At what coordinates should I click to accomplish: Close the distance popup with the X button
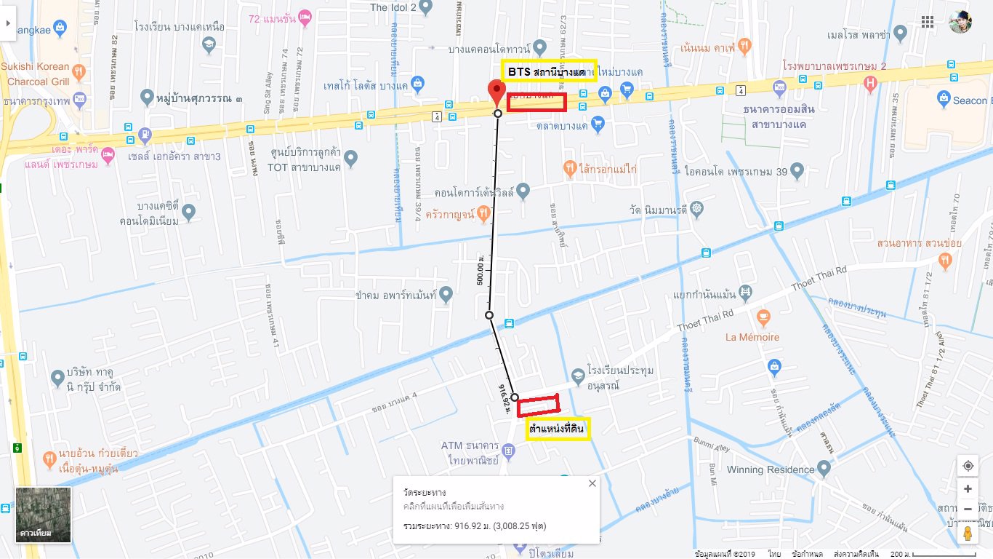click(x=592, y=483)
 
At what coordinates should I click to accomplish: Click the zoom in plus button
click(x=968, y=489)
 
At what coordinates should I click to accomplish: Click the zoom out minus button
click(x=968, y=509)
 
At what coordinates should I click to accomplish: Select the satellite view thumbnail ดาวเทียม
click(x=44, y=515)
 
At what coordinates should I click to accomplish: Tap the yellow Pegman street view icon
click(x=968, y=534)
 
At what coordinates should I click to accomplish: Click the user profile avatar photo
click(x=960, y=22)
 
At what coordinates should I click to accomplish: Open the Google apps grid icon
click(x=928, y=22)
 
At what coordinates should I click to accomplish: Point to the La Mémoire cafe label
click(x=752, y=337)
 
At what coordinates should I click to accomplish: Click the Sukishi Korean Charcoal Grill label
click(x=36, y=72)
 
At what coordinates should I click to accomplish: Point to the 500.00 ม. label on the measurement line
click(x=481, y=269)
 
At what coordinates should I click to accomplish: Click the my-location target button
click(x=968, y=466)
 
